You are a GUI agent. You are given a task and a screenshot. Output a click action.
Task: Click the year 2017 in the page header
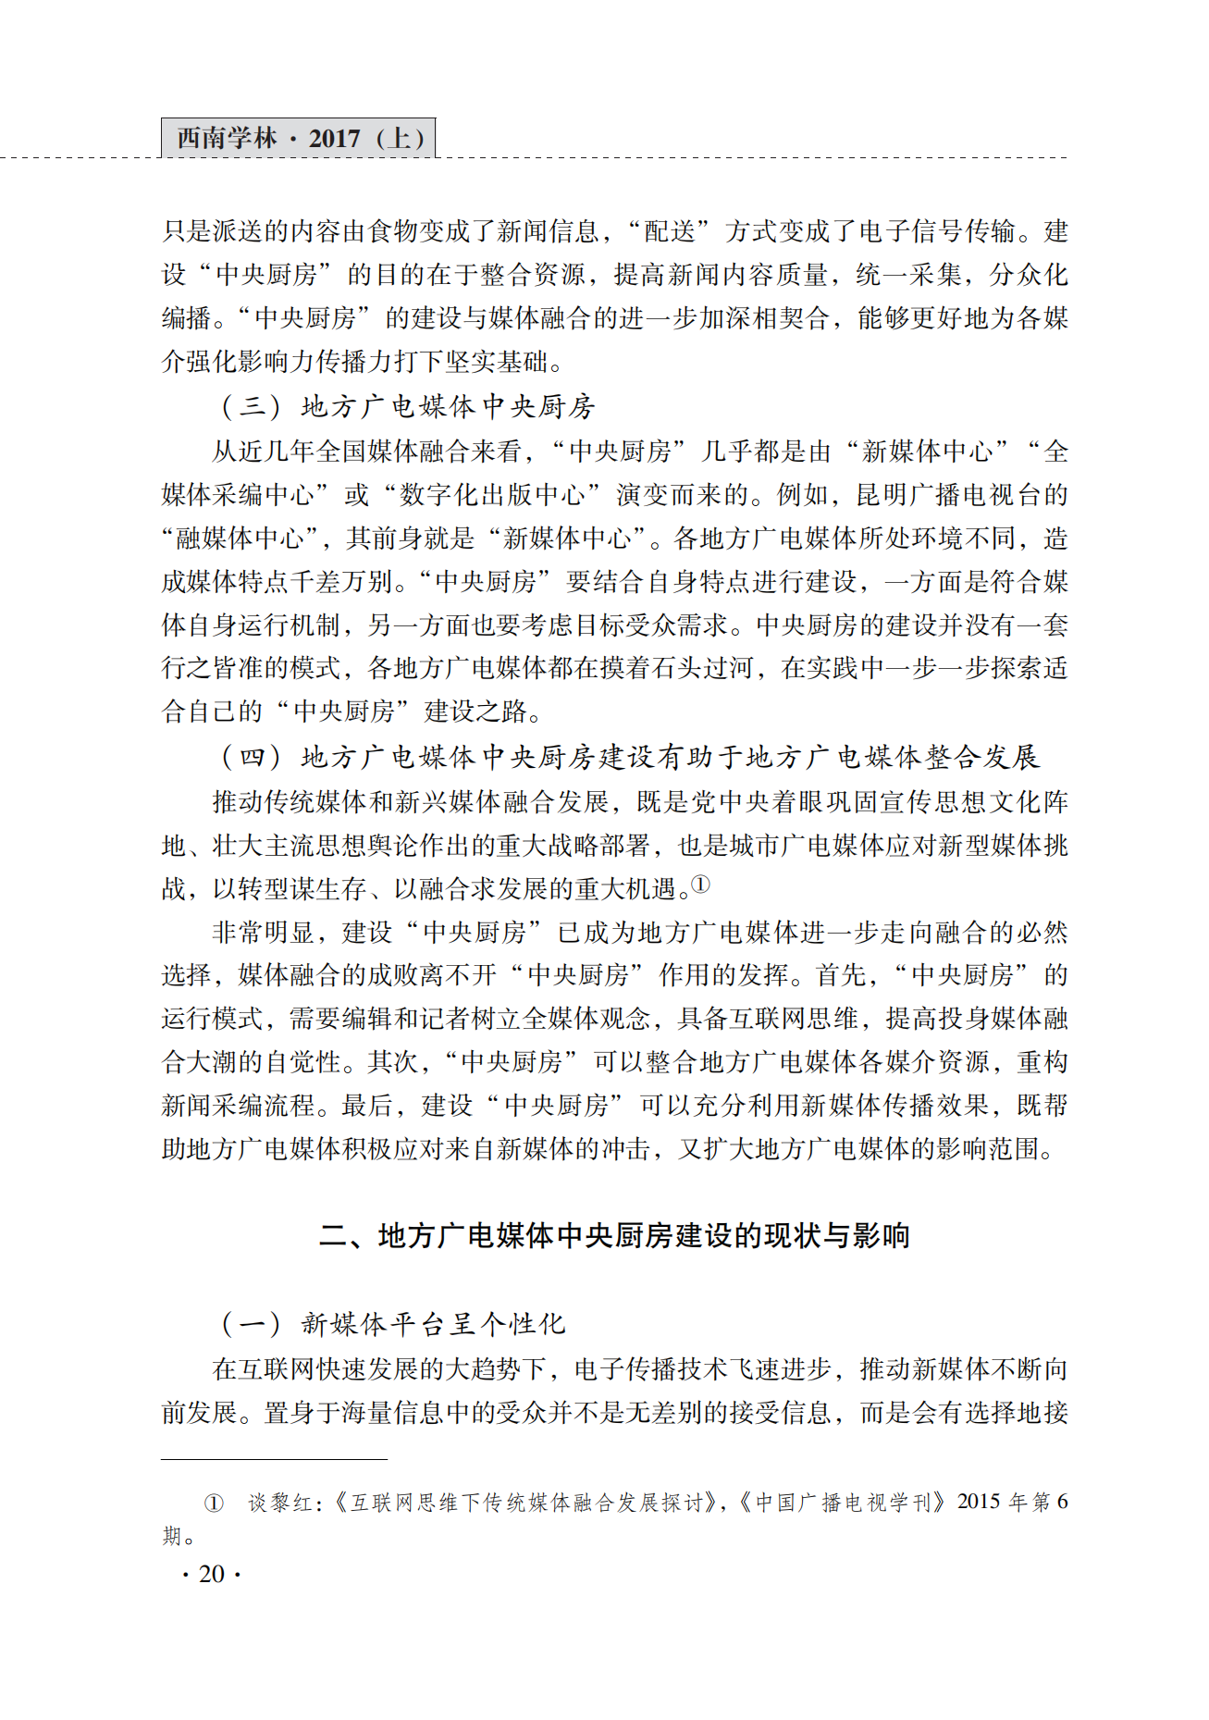(x=334, y=139)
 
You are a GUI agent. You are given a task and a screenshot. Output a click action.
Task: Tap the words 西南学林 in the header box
(x=227, y=139)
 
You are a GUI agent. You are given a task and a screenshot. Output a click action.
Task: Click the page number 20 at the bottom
(x=212, y=1574)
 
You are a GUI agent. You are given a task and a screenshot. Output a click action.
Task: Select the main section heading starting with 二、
(x=614, y=1235)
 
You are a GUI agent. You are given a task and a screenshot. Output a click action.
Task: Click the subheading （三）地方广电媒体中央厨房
(x=407, y=406)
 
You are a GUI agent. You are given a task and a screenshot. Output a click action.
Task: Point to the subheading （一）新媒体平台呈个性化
(x=392, y=1324)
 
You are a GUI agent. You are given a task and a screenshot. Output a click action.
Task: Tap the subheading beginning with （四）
(x=629, y=757)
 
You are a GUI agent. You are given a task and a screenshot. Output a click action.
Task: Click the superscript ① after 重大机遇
(x=701, y=885)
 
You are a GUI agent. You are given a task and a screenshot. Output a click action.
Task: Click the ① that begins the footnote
(x=214, y=1503)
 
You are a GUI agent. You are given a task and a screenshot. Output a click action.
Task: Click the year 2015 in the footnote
(x=979, y=1502)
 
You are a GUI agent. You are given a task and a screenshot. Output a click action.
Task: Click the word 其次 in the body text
(x=394, y=1062)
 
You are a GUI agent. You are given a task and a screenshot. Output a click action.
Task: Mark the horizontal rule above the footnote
(x=274, y=1459)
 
